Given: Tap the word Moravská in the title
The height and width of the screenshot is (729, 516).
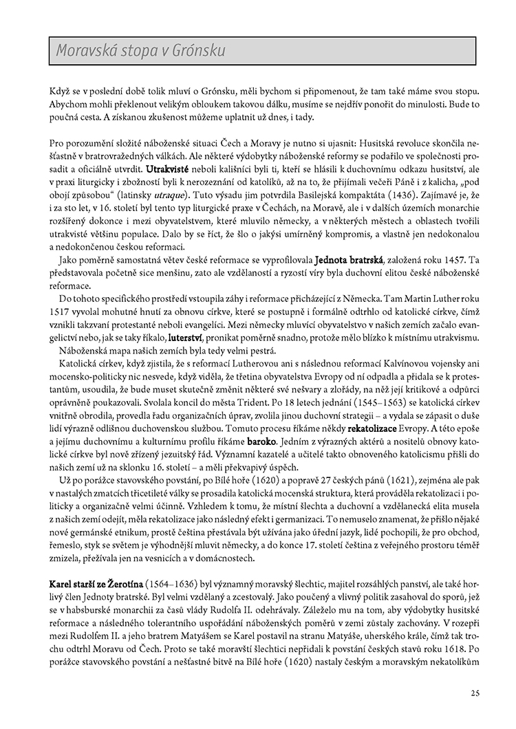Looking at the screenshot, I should point(86,52).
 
